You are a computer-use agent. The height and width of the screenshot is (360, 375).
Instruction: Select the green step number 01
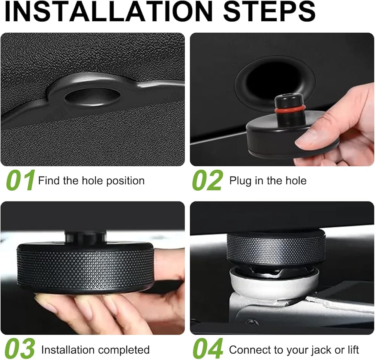(21, 180)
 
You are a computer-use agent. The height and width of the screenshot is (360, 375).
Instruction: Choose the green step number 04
(208, 348)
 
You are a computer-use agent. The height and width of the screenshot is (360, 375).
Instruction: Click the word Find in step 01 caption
(49, 181)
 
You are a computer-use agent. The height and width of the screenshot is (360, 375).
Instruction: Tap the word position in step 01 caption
(125, 181)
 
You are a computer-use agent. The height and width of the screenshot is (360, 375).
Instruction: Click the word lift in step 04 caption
(353, 350)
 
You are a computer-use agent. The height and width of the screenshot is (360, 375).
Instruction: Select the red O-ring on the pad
(289, 109)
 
